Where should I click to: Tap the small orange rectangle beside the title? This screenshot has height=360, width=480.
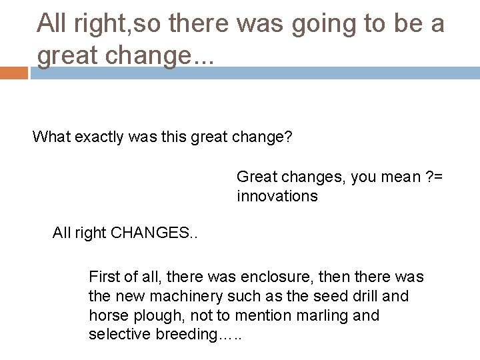coord(13,73)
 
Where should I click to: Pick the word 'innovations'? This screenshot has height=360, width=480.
coord(277,196)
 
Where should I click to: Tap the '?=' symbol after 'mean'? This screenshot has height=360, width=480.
coord(435,178)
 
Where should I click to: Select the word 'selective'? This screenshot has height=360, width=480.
coord(116,335)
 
